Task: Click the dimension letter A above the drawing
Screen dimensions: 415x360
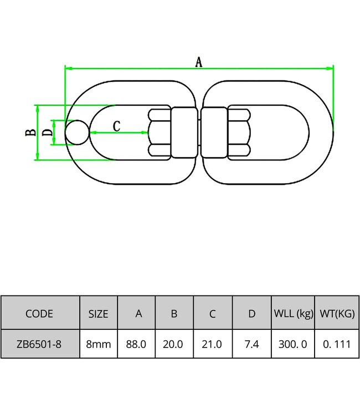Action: (x=199, y=63)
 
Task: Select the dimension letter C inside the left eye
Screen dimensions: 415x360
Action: (x=116, y=126)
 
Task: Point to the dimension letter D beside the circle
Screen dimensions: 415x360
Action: (x=47, y=132)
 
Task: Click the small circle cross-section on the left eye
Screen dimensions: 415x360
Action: (x=76, y=132)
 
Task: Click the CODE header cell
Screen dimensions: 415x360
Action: (x=40, y=314)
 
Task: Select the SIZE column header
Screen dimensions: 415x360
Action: (x=99, y=314)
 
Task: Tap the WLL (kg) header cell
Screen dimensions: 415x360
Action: (x=294, y=314)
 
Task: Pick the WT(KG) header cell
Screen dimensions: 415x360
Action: (x=336, y=314)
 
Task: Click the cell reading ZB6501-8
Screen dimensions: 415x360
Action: (x=40, y=344)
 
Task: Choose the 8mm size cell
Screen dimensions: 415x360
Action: (x=99, y=344)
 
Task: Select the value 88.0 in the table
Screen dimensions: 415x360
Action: (x=137, y=344)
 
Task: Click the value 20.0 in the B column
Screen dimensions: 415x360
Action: (x=174, y=344)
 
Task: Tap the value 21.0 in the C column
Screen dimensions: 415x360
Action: (x=212, y=344)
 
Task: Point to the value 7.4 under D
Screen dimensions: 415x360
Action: (x=251, y=344)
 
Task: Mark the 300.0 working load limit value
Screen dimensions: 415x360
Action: (x=294, y=344)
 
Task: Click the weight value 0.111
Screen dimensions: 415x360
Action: (x=336, y=344)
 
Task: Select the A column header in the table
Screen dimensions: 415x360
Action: (x=138, y=314)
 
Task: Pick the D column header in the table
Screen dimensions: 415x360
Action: (x=252, y=314)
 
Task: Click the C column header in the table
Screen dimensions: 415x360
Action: (x=212, y=314)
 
